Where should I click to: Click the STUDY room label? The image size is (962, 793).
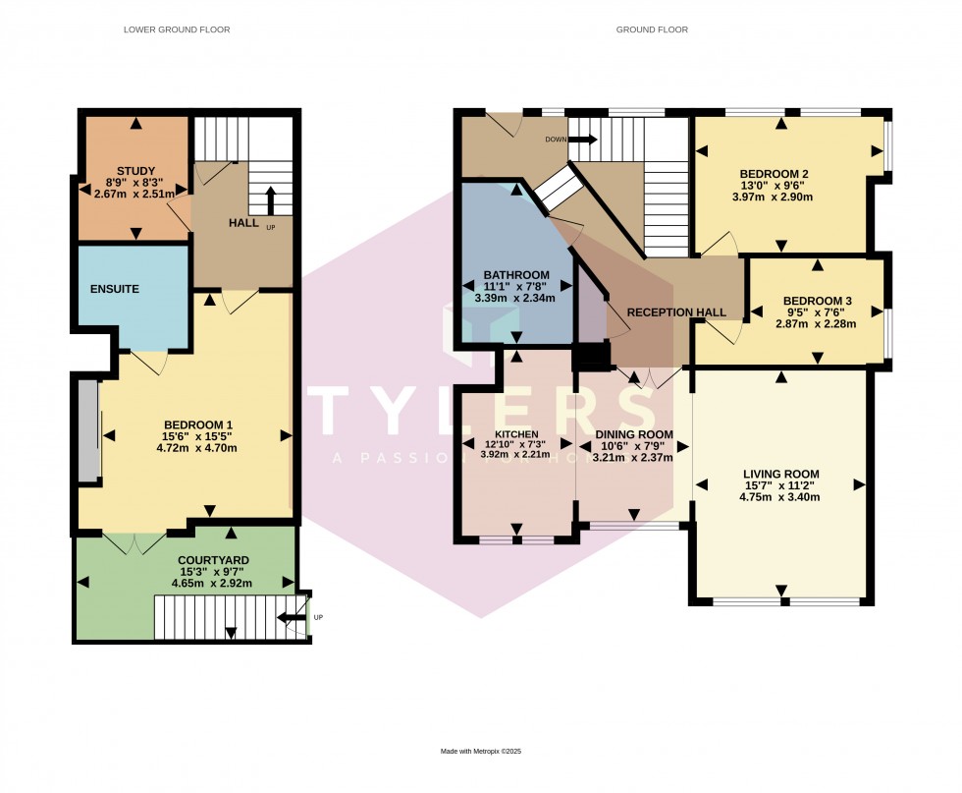(x=135, y=170)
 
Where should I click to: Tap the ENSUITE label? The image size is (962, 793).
(x=115, y=289)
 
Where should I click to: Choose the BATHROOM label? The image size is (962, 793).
(x=515, y=274)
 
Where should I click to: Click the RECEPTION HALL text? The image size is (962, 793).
(x=676, y=312)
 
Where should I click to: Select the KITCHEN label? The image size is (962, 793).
(x=515, y=433)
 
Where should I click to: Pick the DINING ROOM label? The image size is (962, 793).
(x=634, y=434)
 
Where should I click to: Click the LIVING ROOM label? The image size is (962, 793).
(x=780, y=474)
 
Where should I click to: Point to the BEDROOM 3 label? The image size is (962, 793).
(x=817, y=301)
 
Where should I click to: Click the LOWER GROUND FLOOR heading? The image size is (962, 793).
(x=177, y=29)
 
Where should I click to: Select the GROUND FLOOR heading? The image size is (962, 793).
(x=652, y=29)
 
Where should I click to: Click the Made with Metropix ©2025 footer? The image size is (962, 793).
(x=480, y=752)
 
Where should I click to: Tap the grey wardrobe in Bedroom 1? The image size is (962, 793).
(x=88, y=429)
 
